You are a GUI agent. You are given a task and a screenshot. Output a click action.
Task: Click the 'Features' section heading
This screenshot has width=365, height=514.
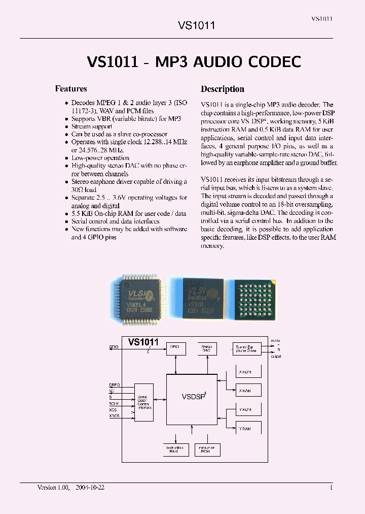70,89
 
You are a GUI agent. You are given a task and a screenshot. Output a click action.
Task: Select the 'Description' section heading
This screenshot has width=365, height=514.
222,89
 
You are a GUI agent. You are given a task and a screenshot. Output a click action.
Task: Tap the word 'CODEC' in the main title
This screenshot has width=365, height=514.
274,61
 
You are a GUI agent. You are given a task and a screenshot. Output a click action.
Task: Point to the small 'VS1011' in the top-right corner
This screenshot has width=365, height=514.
322,19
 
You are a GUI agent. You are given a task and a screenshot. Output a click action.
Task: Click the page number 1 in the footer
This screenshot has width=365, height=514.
331,487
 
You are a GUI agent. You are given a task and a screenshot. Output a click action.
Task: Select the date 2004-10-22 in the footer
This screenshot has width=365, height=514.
90,487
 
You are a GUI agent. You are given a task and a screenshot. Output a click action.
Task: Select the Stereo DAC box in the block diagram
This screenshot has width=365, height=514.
206,348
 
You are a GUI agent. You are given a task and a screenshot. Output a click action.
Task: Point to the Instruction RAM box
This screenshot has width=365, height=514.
175,449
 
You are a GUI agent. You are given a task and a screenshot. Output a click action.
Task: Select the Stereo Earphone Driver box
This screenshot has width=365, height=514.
247,348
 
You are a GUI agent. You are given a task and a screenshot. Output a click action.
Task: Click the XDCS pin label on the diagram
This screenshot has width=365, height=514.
115,416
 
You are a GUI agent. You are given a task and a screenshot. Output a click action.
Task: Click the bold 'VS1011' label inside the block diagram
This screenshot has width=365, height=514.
143,342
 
